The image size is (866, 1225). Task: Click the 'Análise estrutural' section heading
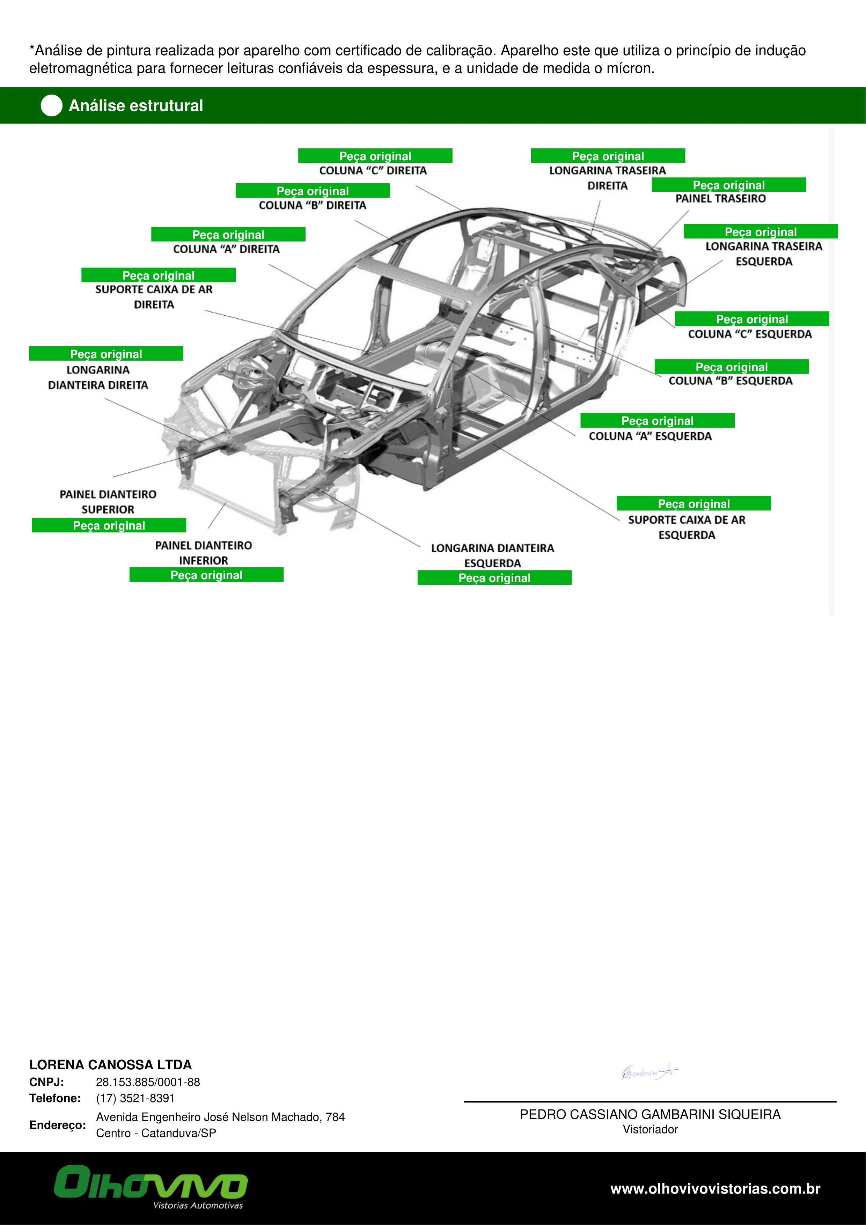136,106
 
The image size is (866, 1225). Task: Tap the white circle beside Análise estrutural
52,106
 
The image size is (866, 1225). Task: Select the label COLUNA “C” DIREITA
373,171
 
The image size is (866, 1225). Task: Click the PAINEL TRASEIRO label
720,199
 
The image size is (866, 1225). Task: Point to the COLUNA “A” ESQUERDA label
650,436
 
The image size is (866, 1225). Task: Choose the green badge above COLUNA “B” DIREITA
313,191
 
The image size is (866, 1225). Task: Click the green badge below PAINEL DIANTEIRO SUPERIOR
109,525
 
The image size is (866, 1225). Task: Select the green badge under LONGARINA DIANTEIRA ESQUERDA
494,577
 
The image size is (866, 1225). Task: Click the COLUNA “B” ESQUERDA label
731,381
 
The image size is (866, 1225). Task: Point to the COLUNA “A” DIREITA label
226,249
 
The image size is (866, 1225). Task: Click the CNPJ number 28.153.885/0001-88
148,1082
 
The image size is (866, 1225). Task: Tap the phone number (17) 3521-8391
135,1098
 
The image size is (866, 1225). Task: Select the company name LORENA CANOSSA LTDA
110,1065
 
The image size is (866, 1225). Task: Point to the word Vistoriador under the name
651,1129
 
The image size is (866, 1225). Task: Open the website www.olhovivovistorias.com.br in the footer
715,1189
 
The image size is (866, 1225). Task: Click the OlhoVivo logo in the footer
151,1187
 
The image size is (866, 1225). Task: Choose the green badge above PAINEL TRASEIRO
728,185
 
